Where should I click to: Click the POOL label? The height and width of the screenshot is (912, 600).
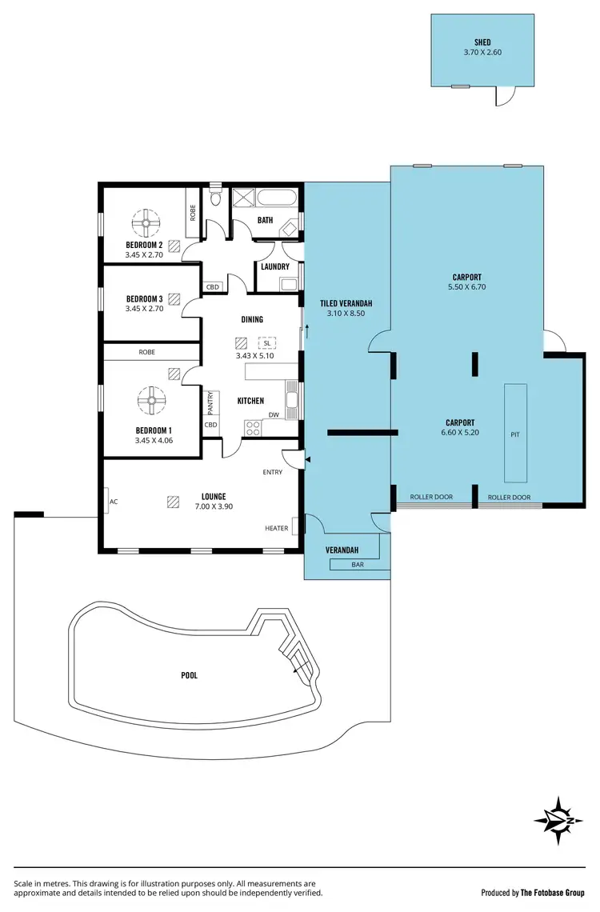point(189,675)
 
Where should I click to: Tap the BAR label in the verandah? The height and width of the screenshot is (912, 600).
point(358,565)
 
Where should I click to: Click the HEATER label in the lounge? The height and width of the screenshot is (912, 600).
point(277,528)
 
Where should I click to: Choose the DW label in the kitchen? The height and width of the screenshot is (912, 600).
point(273,414)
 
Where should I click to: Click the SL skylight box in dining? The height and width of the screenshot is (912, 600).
point(266,343)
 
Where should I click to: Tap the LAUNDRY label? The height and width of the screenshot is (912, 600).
point(274,266)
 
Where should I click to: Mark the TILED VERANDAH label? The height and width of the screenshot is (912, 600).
point(346,303)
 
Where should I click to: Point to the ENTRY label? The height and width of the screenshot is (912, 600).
point(272,472)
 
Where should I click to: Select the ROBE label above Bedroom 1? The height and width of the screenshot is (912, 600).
point(146,351)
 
